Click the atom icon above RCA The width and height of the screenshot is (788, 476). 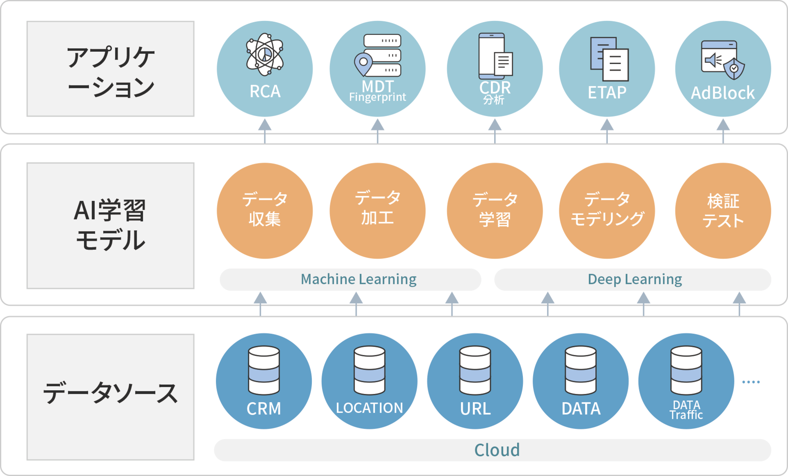click(x=265, y=55)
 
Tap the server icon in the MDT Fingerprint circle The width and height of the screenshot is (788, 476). click(x=382, y=55)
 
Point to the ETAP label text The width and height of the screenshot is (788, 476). click(x=607, y=93)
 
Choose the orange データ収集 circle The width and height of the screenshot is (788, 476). click(x=265, y=211)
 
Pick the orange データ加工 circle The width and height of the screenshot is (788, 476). click(x=378, y=211)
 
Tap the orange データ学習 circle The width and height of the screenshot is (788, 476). click(x=495, y=211)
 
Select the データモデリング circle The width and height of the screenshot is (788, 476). click(x=607, y=211)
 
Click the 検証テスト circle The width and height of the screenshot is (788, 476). click(x=723, y=211)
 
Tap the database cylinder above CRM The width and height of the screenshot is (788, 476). click(x=264, y=370)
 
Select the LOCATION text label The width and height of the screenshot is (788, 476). click(x=369, y=408)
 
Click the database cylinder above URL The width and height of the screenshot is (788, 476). click(x=475, y=370)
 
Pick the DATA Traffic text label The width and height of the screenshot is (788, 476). click(x=686, y=410)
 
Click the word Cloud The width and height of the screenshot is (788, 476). click(x=497, y=450)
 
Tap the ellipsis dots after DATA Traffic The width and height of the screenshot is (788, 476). click(x=751, y=382)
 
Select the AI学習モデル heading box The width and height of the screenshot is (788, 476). click(x=110, y=225)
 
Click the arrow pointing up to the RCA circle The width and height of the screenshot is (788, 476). click(x=265, y=127)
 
